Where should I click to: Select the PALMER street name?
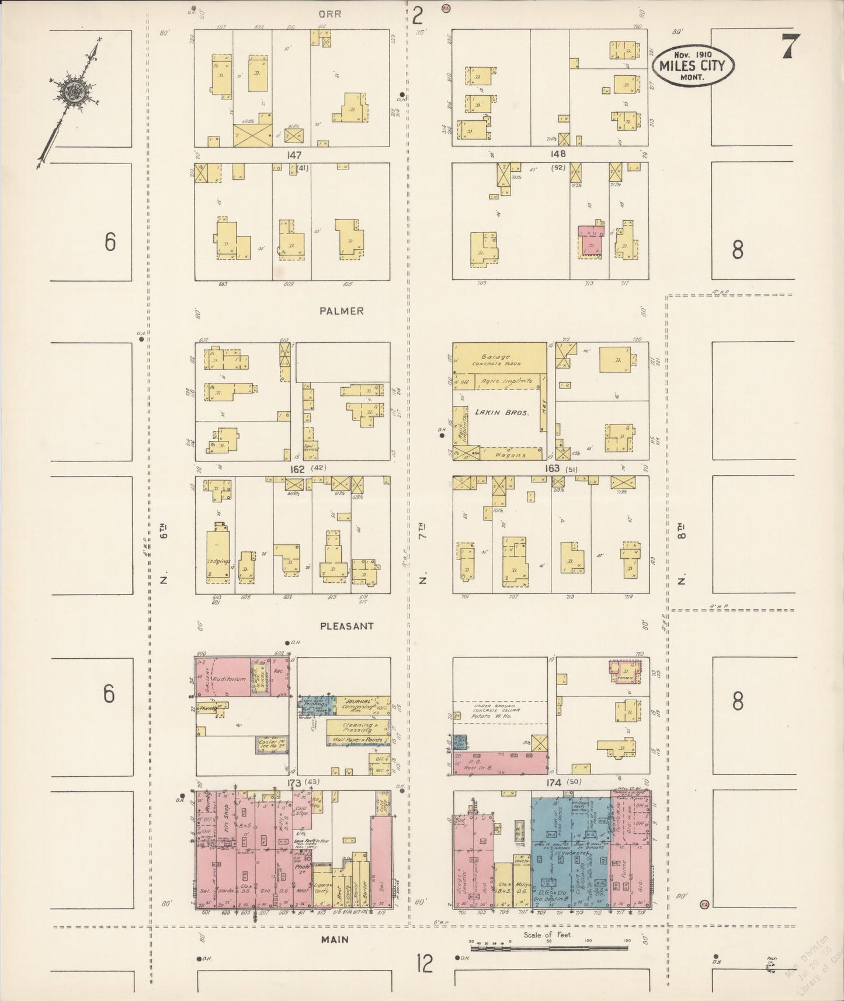(342, 311)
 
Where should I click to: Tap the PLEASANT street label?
(347, 626)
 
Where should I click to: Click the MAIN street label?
(335, 939)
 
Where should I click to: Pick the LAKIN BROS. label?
(501, 412)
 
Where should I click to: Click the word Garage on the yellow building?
(496, 357)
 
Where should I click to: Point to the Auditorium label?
(230, 679)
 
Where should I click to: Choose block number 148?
(558, 155)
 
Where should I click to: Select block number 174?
(554, 783)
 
